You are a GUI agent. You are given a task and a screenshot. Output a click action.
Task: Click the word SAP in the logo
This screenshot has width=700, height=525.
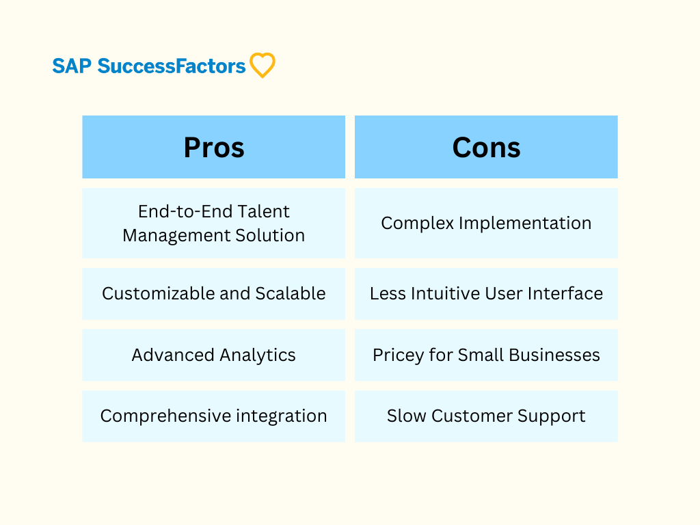pyautogui.click(x=72, y=66)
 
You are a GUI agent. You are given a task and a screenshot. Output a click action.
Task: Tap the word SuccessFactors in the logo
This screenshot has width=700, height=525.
pyautogui.click(x=172, y=66)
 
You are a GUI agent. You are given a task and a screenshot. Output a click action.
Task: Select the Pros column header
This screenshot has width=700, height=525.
pyautogui.click(x=214, y=147)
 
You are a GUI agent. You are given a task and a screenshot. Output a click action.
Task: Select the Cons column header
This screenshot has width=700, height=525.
pyautogui.click(x=486, y=147)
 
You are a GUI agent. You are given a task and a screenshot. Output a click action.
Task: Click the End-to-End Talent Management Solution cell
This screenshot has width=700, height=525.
pyautogui.click(x=214, y=224)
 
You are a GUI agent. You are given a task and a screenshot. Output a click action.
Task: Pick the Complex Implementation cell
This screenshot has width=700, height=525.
pyautogui.click(x=486, y=224)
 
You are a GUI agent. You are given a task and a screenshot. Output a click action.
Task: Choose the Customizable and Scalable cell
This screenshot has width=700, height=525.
pyautogui.click(x=214, y=294)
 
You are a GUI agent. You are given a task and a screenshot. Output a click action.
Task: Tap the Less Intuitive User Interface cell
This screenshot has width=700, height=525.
pyautogui.click(x=486, y=294)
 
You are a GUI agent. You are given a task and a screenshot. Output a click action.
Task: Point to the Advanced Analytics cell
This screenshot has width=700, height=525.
pyautogui.click(x=214, y=355)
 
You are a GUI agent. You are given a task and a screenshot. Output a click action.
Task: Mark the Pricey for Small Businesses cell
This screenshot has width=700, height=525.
pyautogui.click(x=486, y=355)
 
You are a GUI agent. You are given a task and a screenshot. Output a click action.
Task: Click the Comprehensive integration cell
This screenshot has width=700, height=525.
pyautogui.click(x=214, y=416)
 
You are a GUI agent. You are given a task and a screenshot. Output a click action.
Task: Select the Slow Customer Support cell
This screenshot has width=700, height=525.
pyautogui.click(x=486, y=416)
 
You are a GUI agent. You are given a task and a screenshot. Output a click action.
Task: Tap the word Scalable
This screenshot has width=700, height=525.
pyautogui.click(x=290, y=293)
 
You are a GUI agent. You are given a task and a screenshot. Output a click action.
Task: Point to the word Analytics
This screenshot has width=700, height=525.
pyautogui.click(x=258, y=355)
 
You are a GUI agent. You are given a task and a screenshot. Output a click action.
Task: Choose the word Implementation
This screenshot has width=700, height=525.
pyautogui.click(x=525, y=224)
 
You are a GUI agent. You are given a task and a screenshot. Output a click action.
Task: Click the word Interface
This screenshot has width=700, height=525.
pyautogui.click(x=565, y=293)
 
